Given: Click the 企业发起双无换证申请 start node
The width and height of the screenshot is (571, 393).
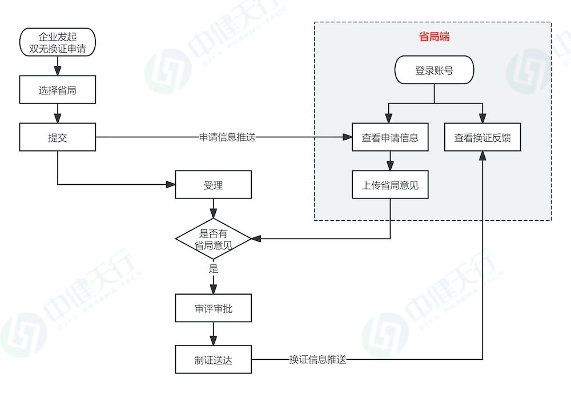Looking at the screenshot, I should [x=57, y=43].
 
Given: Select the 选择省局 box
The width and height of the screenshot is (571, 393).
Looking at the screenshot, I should [x=57, y=90].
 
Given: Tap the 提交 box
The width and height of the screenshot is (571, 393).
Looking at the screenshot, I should [x=57, y=137].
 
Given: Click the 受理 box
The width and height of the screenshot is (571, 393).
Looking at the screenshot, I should [x=213, y=185].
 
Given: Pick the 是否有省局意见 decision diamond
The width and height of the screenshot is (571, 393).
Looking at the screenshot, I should [x=213, y=239].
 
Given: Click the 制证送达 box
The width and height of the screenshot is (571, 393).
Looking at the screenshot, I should [x=213, y=360].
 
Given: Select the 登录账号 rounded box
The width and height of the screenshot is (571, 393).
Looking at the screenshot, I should [x=434, y=71].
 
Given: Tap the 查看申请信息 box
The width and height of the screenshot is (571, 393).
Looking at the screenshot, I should [x=390, y=137].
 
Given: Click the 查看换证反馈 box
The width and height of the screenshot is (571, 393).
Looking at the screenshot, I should [x=482, y=137].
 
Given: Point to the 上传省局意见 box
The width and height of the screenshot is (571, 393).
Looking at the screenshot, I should [x=390, y=185].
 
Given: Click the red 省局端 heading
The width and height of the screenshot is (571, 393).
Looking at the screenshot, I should [x=434, y=37].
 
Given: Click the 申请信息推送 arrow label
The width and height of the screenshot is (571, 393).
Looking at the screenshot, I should [x=227, y=137].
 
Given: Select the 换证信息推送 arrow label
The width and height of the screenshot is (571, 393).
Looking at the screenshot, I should [x=317, y=360].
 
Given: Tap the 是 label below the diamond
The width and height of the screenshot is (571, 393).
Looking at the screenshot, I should [x=214, y=268].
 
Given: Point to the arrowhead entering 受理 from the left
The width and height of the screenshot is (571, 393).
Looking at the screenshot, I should [x=171, y=185].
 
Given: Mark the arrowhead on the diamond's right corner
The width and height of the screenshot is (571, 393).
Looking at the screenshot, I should [x=256, y=239].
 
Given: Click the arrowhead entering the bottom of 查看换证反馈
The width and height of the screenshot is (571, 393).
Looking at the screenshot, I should [x=482, y=156].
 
